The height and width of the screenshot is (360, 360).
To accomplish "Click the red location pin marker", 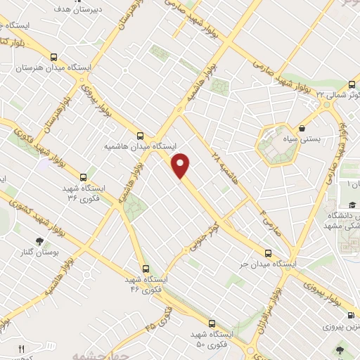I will pos(181,166).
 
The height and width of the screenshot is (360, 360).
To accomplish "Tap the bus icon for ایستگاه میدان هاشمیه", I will pos(141,136).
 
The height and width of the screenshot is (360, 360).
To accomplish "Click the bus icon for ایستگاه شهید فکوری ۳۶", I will pos(84,177).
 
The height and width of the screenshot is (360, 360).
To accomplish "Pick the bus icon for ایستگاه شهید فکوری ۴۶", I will pos(146,268).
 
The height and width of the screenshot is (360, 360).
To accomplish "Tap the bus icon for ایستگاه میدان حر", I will pos(266,253).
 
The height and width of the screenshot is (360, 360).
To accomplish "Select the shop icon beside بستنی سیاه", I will pos(302,129).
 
